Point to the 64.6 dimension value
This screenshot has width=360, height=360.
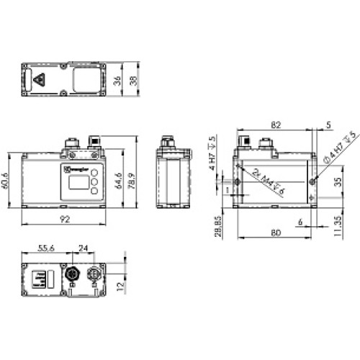coord(117,178)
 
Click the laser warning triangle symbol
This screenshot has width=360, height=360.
coord(38,80)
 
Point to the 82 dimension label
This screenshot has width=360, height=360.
coord(275,125)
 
